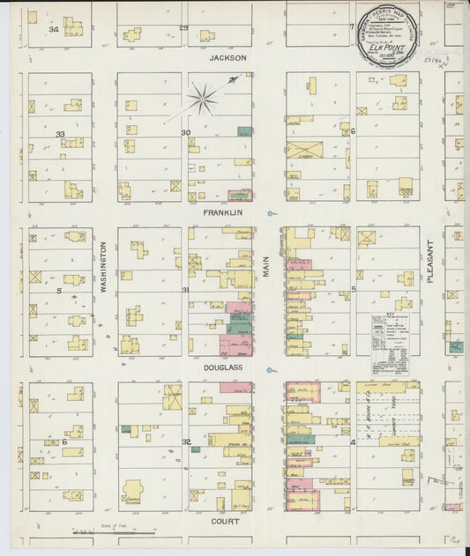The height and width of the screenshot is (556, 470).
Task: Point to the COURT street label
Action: click(227, 521)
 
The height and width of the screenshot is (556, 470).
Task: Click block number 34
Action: click(53, 29)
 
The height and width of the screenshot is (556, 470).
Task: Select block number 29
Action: click(183, 28)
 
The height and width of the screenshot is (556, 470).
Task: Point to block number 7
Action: click(351, 26)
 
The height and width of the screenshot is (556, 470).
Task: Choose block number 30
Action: click(185, 133)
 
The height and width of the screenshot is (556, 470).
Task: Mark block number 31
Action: click(185, 289)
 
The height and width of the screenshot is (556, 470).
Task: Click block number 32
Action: click(185, 441)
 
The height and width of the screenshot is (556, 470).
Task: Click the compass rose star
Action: click(202, 99)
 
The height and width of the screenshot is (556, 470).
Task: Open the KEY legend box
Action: click(389, 334)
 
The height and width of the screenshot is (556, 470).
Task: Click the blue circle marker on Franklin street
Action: click(272, 212)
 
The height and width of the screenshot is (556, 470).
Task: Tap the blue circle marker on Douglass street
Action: click(272, 368)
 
